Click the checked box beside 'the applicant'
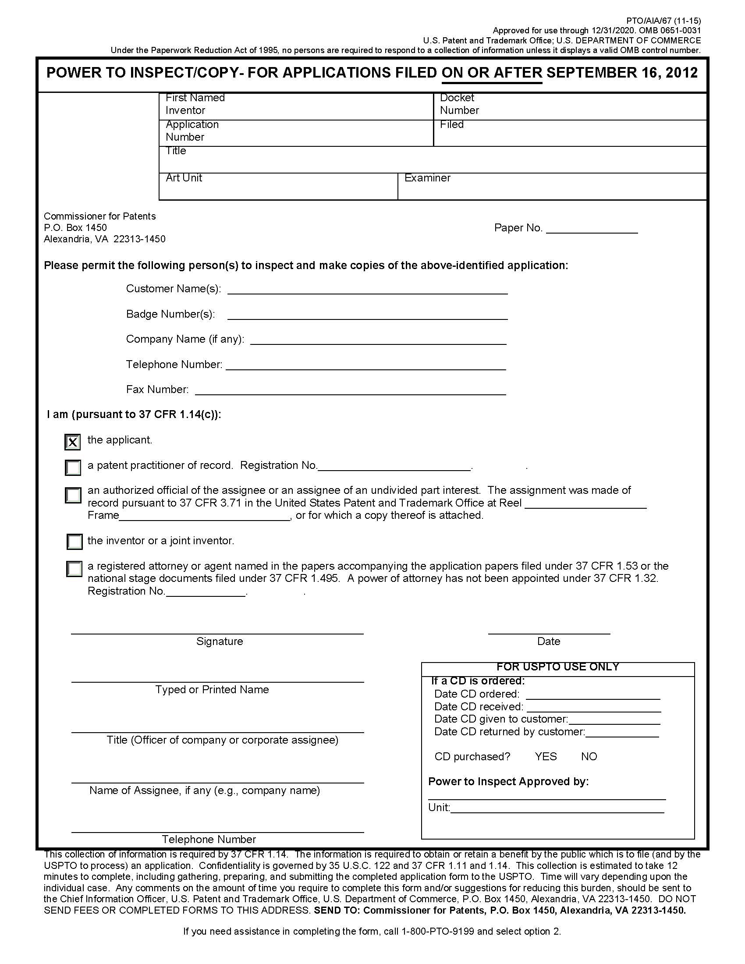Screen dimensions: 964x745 73,442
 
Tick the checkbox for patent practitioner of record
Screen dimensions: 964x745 73,468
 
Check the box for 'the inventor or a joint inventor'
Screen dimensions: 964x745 74,542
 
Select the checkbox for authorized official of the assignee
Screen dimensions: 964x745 73,495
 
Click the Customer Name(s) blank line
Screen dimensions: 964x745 367,291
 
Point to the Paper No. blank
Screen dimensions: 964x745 592,230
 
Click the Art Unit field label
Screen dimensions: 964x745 184,178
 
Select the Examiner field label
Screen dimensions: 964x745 427,178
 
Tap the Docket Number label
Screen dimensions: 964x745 459,104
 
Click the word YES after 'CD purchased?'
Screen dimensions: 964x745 546,757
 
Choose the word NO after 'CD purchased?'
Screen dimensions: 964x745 589,757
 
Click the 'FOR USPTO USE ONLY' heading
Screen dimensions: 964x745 557,667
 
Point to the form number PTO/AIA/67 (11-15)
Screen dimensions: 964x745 663,21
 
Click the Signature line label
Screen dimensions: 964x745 220,641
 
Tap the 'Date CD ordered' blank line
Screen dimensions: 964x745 593,696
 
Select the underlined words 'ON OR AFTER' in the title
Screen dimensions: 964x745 492,73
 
